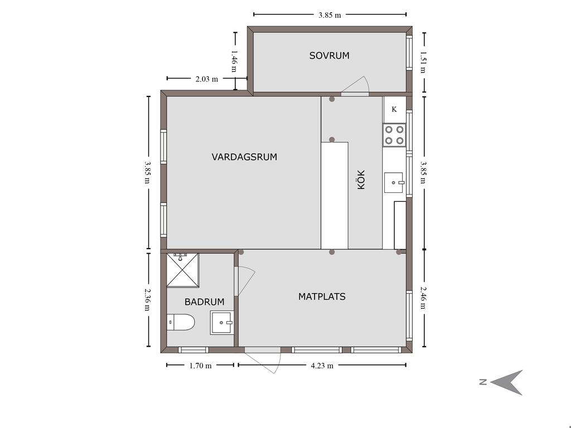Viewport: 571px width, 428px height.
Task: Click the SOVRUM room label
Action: [329, 56]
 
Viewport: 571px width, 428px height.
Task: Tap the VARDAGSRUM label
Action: [244, 157]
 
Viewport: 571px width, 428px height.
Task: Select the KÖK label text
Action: [361, 179]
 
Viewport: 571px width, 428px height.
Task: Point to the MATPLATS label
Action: [322, 296]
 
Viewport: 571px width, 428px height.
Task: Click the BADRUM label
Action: [204, 301]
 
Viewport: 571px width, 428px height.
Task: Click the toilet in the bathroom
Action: [181, 322]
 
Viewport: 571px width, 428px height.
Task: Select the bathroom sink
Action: [221, 323]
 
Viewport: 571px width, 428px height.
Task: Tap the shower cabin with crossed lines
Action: [183, 270]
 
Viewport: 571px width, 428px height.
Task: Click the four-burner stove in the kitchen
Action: [394, 135]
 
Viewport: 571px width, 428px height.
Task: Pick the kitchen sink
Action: [394, 182]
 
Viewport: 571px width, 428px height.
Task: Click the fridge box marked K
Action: [394, 109]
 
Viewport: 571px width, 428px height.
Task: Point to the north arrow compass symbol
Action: [507, 382]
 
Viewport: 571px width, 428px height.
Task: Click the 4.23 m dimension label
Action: [322, 366]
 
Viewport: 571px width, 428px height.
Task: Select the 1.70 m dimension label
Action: [200, 366]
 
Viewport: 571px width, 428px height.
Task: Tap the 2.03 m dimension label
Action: [206, 79]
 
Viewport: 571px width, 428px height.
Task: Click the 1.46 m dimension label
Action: [235, 61]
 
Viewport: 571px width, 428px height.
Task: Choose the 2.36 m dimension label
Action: [147, 299]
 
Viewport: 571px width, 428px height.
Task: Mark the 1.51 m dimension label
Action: [423, 62]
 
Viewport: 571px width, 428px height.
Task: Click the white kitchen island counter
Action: [335, 196]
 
